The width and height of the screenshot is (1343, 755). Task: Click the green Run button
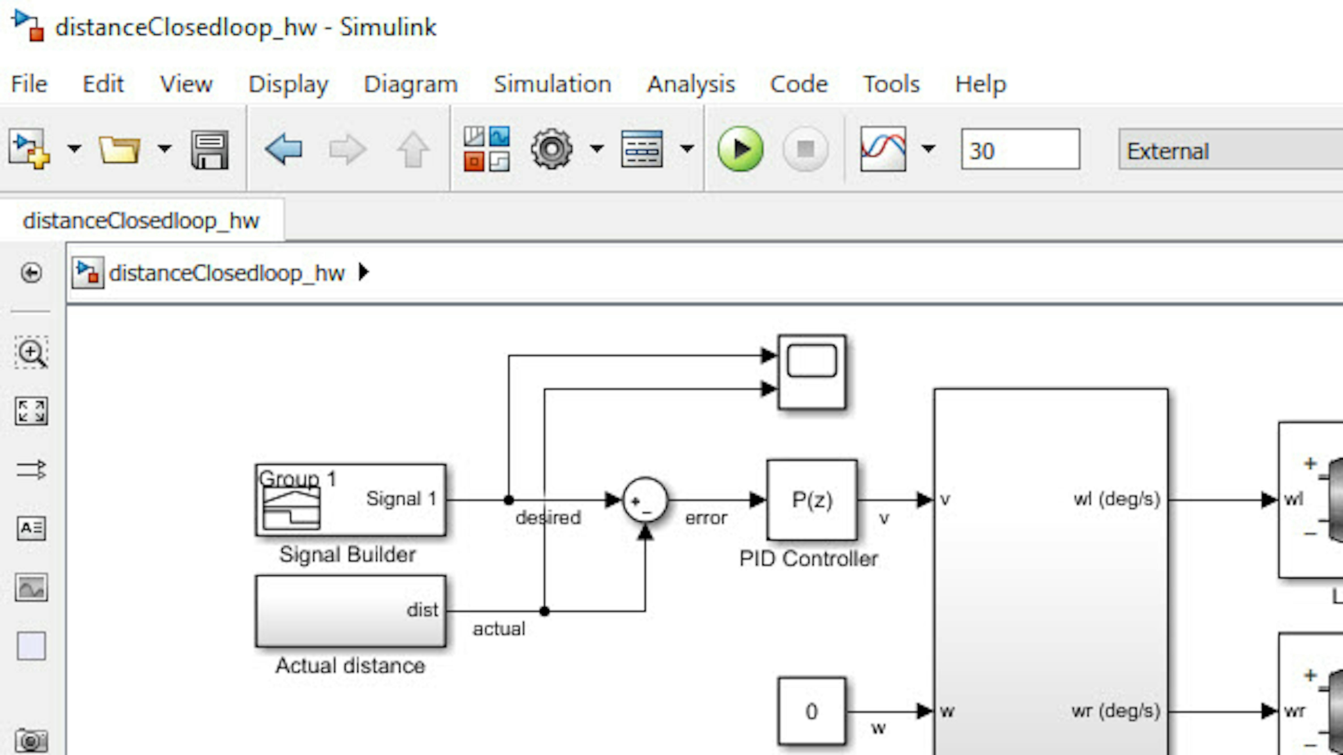click(740, 149)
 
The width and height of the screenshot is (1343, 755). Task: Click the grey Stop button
click(806, 149)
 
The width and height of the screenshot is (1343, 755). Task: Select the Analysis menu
click(691, 84)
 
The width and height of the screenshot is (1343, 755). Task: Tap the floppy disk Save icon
click(210, 149)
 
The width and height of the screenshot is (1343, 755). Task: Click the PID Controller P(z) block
click(812, 500)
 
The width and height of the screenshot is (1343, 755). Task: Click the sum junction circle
click(645, 500)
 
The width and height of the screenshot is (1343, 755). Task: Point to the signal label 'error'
click(706, 518)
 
